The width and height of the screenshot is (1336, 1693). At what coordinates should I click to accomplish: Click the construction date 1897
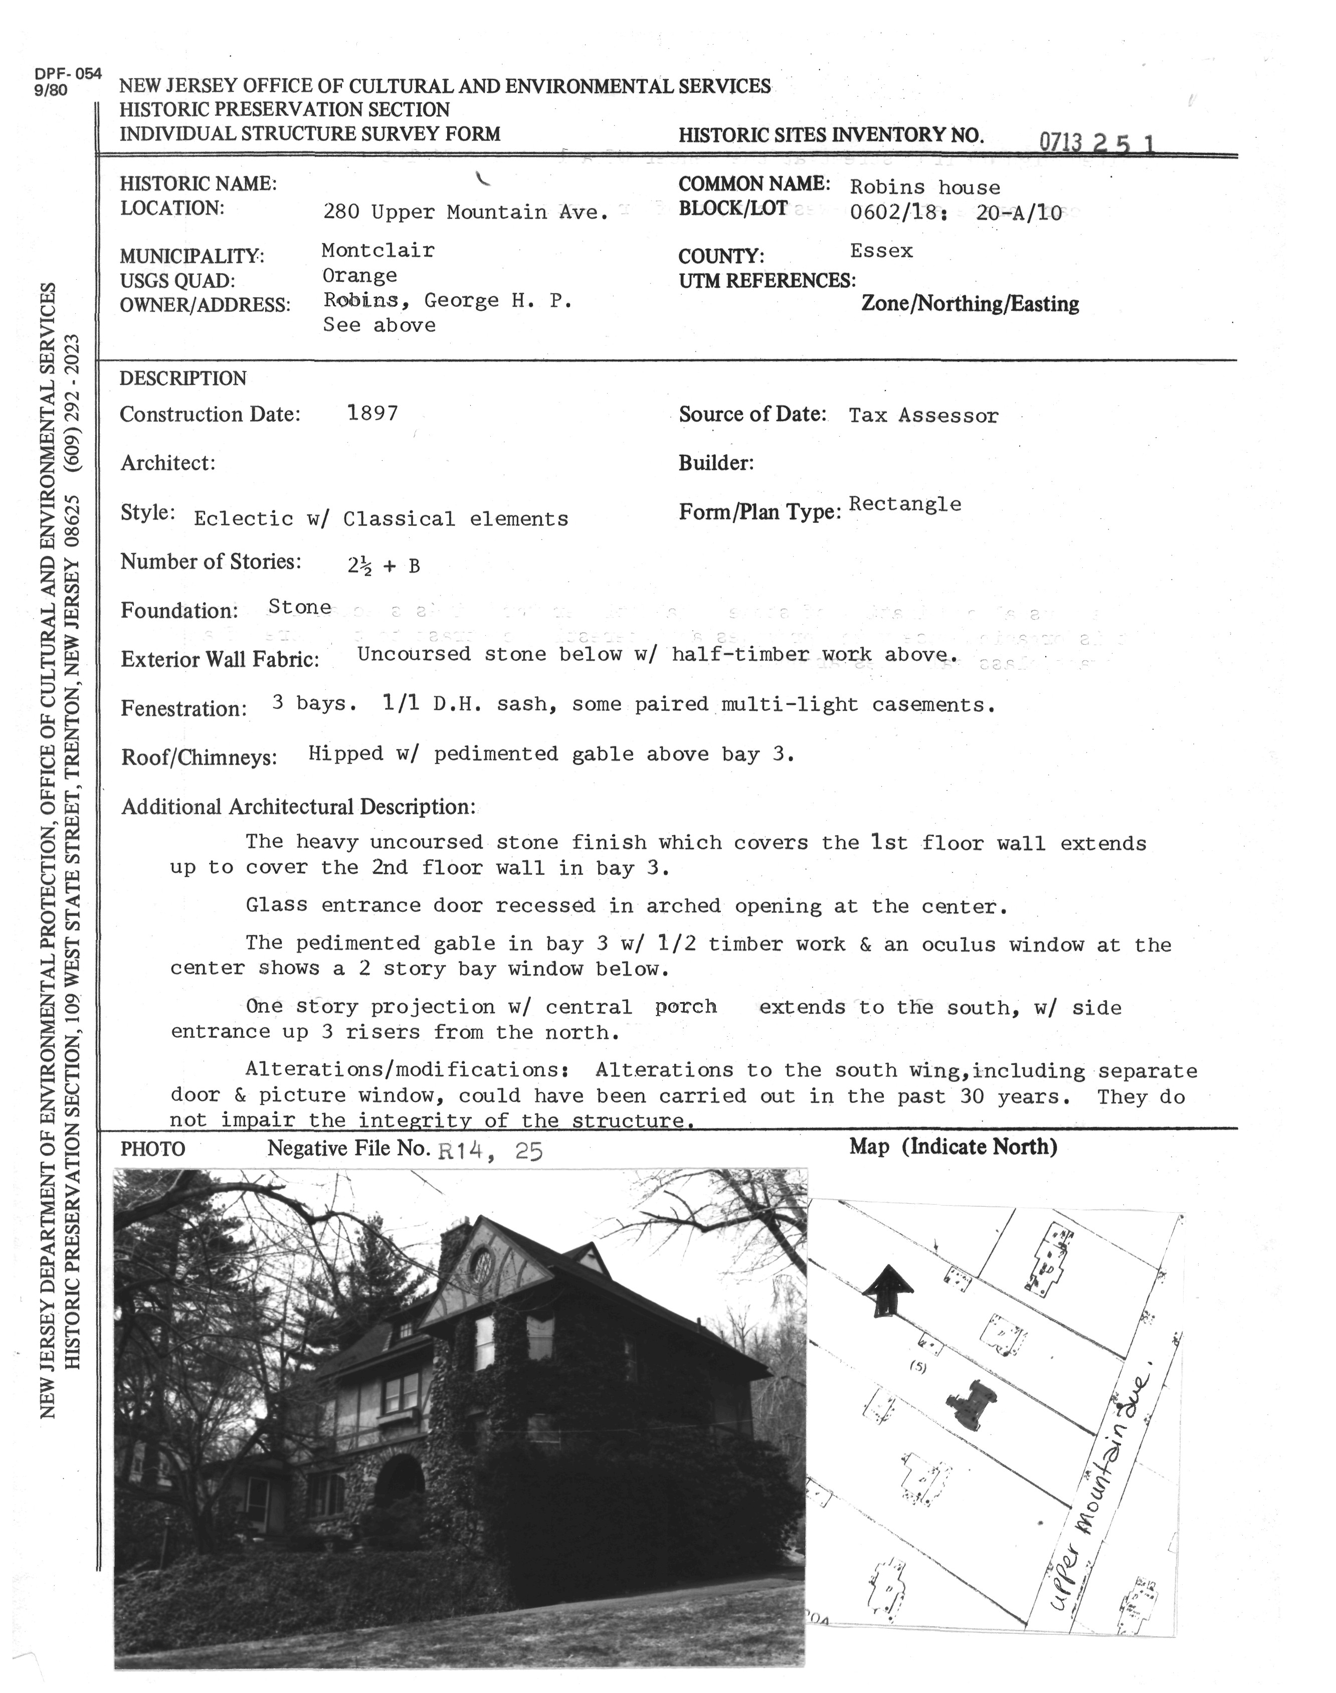372,413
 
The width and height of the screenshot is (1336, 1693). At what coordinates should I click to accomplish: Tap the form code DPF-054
68,74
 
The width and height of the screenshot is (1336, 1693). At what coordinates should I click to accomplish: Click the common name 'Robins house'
924,187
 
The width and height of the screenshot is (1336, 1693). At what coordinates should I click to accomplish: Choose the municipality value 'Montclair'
378,250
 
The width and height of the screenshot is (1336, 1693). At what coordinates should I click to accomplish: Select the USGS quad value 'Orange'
360,275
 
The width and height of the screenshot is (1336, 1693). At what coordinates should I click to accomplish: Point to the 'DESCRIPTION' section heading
183,379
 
